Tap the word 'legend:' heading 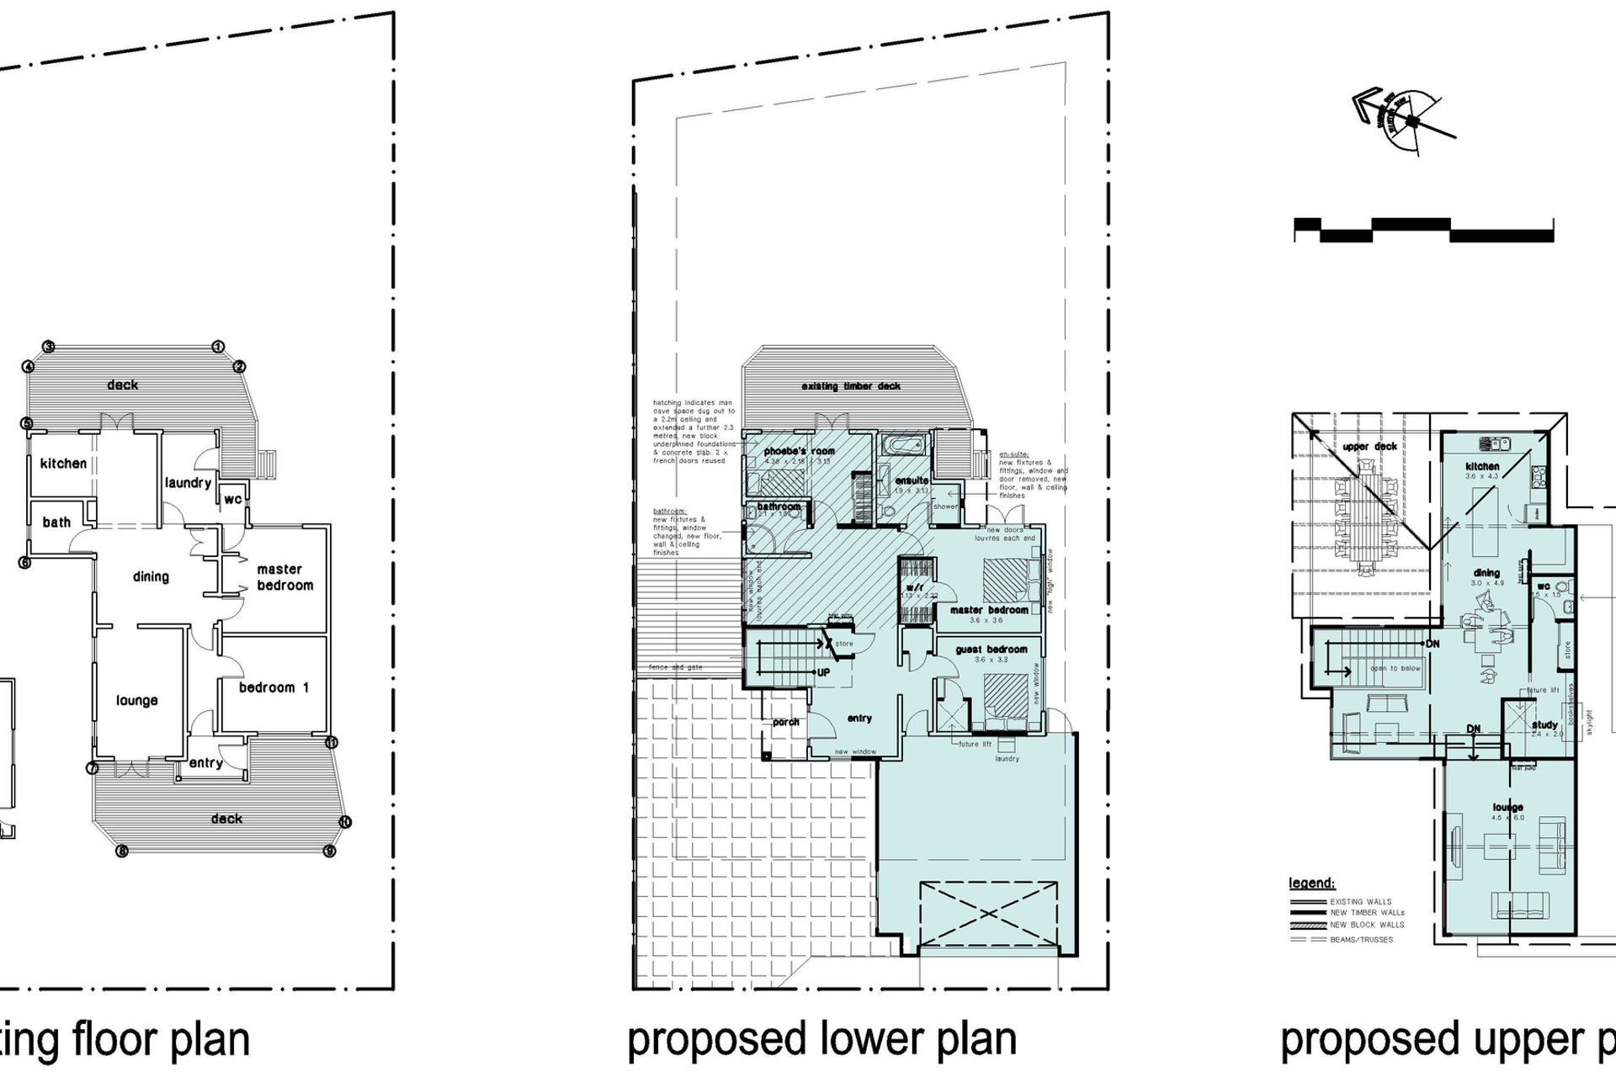[1311, 883]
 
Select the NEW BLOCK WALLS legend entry [1367, 925]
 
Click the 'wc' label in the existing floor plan [233, 499]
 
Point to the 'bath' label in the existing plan [56, 523]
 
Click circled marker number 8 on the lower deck [122, 851]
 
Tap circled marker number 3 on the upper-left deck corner [49, 347]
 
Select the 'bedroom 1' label [274, 687]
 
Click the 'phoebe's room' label [799, 451]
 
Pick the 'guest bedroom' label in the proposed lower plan [991, 650]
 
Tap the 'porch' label [786, 722]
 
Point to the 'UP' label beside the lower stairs [823, 673]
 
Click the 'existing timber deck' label [851, 386]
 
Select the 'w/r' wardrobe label [915, 586]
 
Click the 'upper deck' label [1369, 447]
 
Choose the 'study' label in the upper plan [1544, 724]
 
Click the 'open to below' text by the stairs [1395, 669]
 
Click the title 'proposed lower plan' [821, 1039]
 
